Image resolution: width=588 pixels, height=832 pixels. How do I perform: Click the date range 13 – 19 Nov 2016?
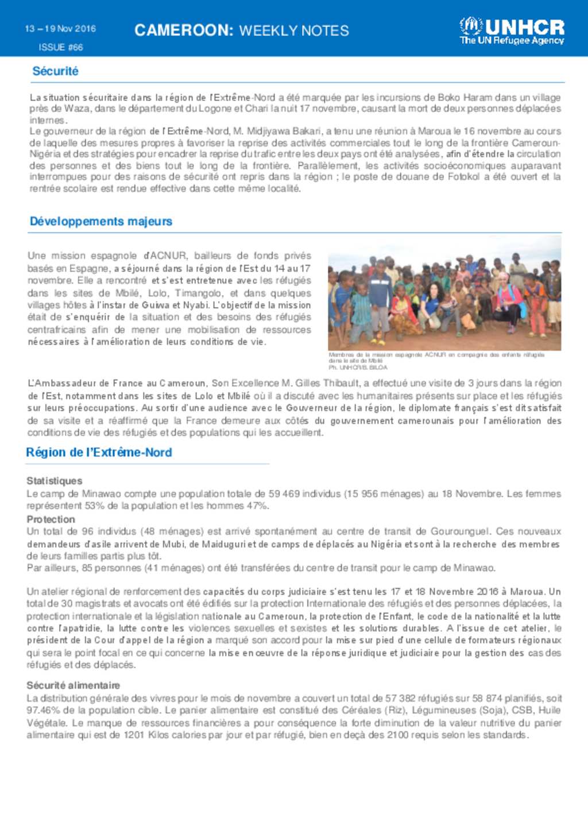coord(60,29)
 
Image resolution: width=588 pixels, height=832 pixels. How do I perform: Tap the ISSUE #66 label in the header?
coord(61,47)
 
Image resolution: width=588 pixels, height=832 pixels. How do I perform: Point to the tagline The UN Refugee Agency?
coord(512,41)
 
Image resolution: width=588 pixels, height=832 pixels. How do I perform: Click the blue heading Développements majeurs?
coord(101,222)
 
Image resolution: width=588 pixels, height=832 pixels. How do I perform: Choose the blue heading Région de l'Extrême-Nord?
coord(99,452)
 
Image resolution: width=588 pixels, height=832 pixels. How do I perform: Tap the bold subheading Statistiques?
coord(55,481)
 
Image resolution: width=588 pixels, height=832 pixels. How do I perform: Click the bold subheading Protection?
coord(51,520)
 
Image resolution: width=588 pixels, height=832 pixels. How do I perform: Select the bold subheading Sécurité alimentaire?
coord(73,686)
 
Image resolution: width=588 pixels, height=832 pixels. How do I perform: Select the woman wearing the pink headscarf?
coord(505,299)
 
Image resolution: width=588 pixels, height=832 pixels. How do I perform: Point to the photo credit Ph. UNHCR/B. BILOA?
coord(358,367)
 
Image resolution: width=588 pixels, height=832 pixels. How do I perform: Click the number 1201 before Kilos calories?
coord(134,736)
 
